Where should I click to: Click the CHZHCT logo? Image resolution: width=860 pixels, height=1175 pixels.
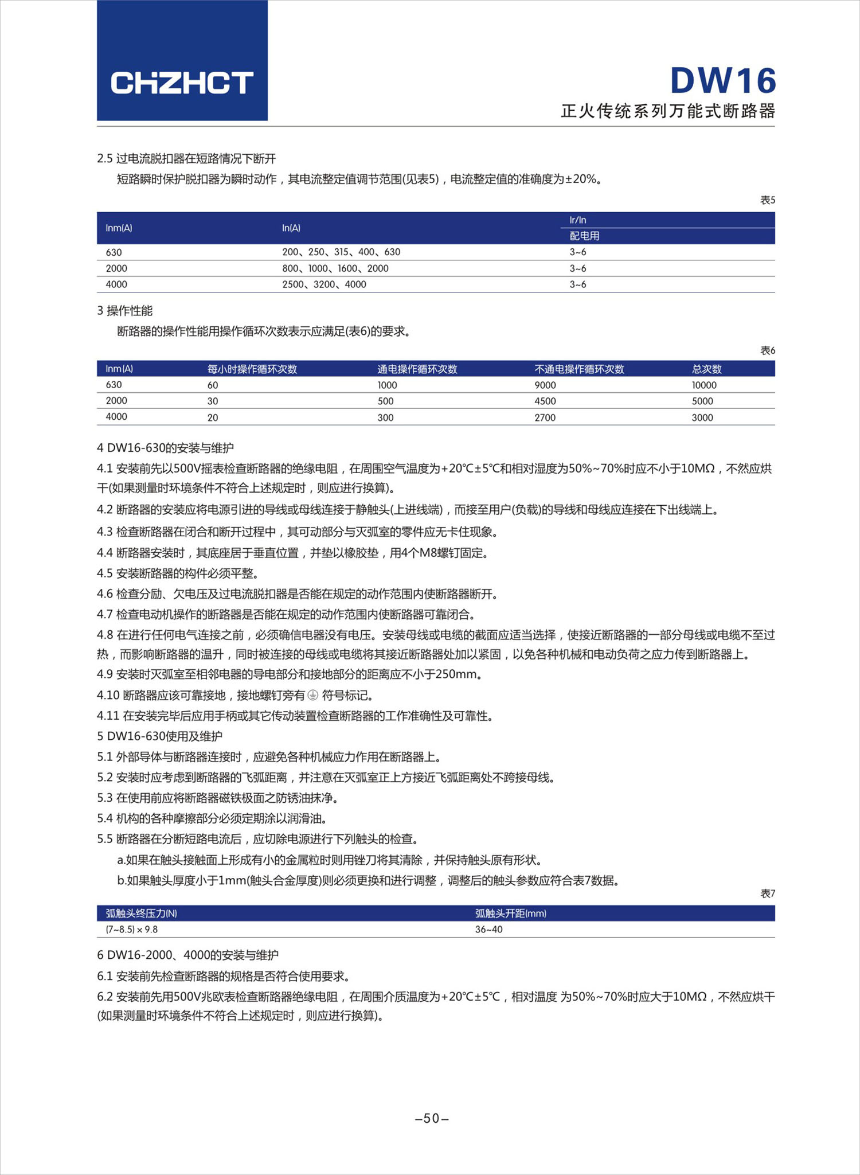[x=182, y=83]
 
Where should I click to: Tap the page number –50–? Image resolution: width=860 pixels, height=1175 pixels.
[x=431, y=1118]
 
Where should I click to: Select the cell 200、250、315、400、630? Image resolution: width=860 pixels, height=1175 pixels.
[x=341, y=252]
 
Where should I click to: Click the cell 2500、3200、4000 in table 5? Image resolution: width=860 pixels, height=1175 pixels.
[x=324, y=284]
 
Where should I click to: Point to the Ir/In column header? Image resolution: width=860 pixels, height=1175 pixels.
[x=578, y=220]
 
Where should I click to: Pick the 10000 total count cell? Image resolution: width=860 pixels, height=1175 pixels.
[x=704, y=385]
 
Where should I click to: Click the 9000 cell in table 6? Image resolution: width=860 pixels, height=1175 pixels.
[x=545, y=385]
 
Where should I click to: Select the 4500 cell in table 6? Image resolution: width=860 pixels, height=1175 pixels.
[x=545, y=401]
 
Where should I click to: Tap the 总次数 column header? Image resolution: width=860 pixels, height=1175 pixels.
[x=706, y=369]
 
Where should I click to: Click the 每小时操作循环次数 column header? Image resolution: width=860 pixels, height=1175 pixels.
[x=252, y=369]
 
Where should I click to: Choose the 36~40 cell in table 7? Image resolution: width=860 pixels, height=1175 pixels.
[x=488, y=930]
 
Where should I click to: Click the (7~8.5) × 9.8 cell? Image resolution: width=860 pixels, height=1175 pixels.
[x=131, y=930]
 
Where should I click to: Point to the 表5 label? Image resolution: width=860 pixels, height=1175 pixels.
[x=767, y=200]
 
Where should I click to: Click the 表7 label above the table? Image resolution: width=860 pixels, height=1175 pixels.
[x=767, y=893]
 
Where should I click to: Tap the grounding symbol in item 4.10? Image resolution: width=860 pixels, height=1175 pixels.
[x=312, y=696]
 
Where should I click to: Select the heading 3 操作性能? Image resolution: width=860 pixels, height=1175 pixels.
[x=125, y=311]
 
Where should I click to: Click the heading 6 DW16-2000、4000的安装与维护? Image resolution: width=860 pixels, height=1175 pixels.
[x=187, y=955]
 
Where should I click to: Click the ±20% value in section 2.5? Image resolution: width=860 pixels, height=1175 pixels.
[x=581, y=179]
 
